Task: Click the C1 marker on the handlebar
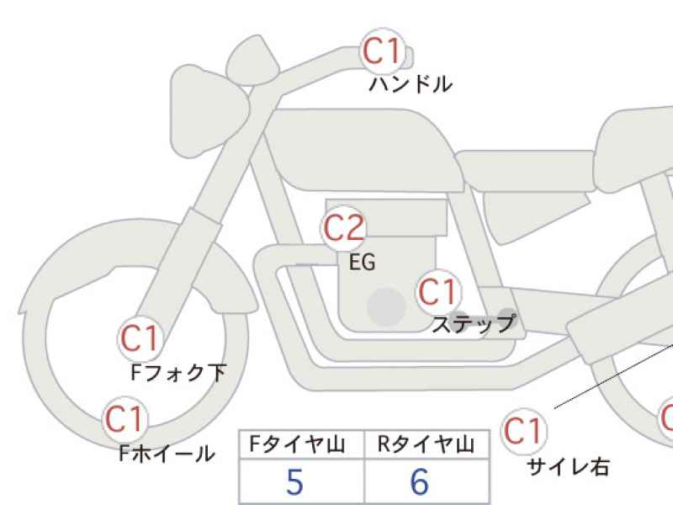click(x=383, y=51)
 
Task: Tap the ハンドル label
click(x=411, y=84)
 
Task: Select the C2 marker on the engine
click(x=343, y=228)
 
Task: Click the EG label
click(x=363, y=262)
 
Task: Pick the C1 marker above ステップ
click(x=438, y=292)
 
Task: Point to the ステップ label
click(x=474, y=323)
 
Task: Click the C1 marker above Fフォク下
click(x=140, y=339)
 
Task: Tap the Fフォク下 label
click(x=178, y=373)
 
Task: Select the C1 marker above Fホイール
click(x=125, y=419)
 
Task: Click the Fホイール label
click(x=167, y=453)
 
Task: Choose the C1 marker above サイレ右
click(x=523, y=431)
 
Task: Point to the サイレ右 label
click(x=568, y=467)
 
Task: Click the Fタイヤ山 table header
click(x=297, y=444)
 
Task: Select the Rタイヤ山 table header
click(x=427, y=444)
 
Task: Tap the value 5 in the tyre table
click(x=294, y=482)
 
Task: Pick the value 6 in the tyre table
click(x=420, y=482)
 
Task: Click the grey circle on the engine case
click(x=386, y=307)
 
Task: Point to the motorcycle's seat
click(x=526, y=171)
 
